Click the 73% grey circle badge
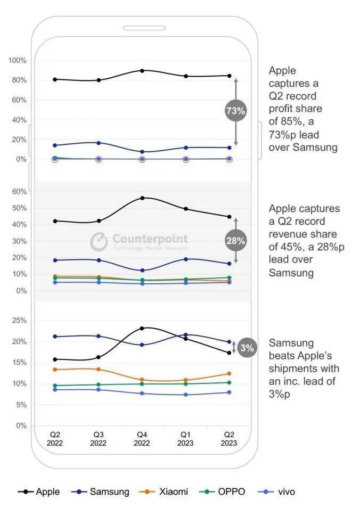click(x=236, y=111)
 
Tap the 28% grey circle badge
click(x=235, y=241)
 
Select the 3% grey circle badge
click(x=246, y=348)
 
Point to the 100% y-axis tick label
click(x=17, y=61)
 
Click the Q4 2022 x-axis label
click(x=142, y=439)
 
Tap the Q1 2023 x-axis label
click(x=186, y=439)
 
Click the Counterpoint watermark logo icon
click(x=99, y=241)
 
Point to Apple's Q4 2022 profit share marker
click(x=142, y=70)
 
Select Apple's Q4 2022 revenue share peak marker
click(x=142, y=198)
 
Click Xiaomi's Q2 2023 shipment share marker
click(x=230, y=374)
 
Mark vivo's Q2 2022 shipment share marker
click(x=55, y=390)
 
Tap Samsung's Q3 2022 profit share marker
click(x=99, y=143)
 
